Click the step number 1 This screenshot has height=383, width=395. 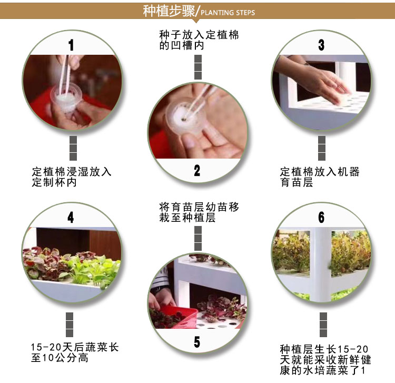tap(71, 45)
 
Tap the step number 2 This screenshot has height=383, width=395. tap(197, 170)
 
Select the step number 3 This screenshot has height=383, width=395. tap(321, 45)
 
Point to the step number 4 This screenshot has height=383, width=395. tap(71, 217)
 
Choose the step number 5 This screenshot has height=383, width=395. tap(197, 342)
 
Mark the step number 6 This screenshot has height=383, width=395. tap(321, 217)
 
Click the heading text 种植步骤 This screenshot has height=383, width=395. tap(169, 11)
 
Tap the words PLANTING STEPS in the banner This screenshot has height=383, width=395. tap(228, 13)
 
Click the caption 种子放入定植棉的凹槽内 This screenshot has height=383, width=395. tap(199, 40)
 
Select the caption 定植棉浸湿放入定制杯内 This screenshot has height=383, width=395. tap(72, 177)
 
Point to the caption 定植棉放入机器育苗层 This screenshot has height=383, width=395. tap(320, 177)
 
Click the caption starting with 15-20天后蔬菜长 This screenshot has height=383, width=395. tap(75, 352)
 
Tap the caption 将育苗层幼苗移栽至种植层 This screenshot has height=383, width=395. tap(199, 212)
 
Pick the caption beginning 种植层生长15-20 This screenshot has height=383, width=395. tap(325, 360)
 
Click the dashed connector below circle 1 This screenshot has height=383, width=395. tap(73, 148)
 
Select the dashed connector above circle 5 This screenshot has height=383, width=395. tap(198, 238)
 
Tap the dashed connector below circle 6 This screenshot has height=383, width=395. tap(323, 325)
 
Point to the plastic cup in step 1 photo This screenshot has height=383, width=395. tap(66, 97)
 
